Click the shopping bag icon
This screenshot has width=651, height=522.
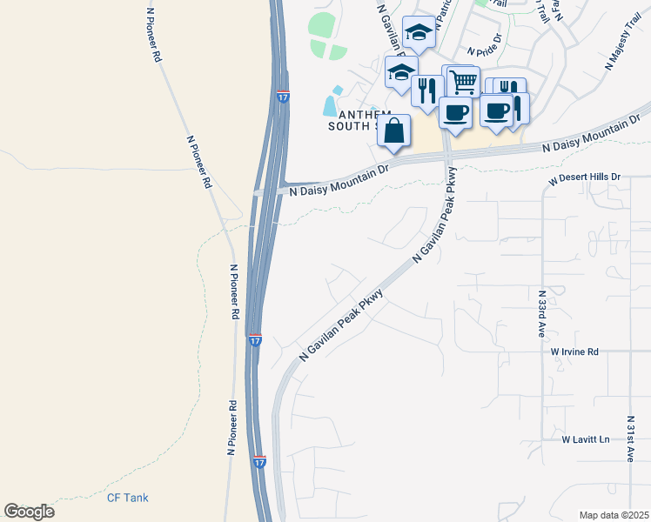tap(394, 131)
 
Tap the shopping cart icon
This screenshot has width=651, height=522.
tap(463, 82)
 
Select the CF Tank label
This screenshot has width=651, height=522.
tap(127, 498)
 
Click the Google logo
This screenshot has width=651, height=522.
tap(29, 512)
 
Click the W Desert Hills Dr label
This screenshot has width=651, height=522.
tap(585, 179)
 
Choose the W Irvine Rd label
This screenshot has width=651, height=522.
tap(574, 351)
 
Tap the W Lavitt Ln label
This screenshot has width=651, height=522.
tap(586, 439)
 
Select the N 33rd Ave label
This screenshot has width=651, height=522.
tap(540, 314)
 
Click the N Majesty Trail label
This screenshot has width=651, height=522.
tap(622, 46)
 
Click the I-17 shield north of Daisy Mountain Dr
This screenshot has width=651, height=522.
tap(284, 97)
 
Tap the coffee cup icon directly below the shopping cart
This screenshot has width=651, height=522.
tap(454, 111)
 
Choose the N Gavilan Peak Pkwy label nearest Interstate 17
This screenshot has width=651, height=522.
tap(340, 327)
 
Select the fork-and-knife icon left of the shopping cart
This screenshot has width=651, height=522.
tap(427, 90)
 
